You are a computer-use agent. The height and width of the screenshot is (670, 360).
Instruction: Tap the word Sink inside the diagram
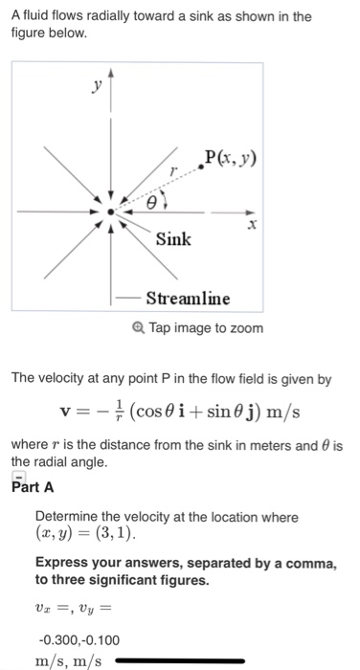tap(173, 238)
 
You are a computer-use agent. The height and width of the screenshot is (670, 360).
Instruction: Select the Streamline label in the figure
tap(187, 298)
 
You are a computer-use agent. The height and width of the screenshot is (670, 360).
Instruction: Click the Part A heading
tap(31, 486)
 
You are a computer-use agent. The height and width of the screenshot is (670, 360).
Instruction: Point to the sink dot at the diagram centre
tap(112, 212)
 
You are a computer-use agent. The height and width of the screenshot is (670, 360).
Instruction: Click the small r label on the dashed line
tap(172, 168)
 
